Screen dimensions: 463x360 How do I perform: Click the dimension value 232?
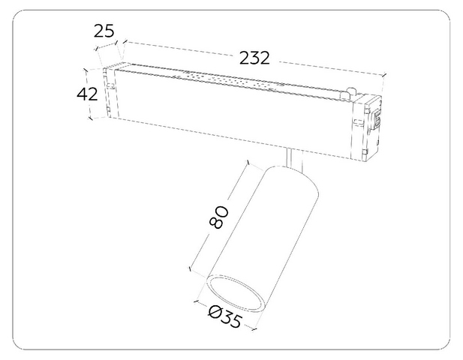pyautogui.click(x=254, y=58)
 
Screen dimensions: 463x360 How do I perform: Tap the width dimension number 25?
pyautogui.click(x=104, y=31)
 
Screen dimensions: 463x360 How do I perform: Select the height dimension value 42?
pyautogui.click(x=87, y=94)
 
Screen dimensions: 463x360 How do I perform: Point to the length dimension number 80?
pyautogui.click(x=219, y=217)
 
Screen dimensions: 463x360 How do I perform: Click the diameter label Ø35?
pyautogui.click(x=225, y=317)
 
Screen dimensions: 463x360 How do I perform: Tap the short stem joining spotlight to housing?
pyautogui.click(x=294, y=159)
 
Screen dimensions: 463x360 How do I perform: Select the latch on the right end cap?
pyautogui.click(x=377, y=118)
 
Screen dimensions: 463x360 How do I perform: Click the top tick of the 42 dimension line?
pyautogui.click(x=86, y=70)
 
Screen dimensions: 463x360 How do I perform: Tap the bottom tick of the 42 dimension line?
pyautogui.click(x=90, y=118)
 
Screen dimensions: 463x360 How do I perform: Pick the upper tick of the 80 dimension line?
pyautogui.click(x=248, y=162)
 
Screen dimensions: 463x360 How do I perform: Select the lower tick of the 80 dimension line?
pyautogui.click(x=190, y=268)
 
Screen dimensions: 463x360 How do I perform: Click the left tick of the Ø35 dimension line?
pyautogui.click(x=195, y=301)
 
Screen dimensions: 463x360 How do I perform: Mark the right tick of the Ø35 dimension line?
pyautogui.click(x=254, y=328)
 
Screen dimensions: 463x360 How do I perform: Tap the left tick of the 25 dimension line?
pyautogui.click(x=96, y=49)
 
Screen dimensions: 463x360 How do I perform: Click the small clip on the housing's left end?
pyautogui.click(x=111, y=85)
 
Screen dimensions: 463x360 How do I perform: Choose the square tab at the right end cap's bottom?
pyautogui.click(x=365, y=152)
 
